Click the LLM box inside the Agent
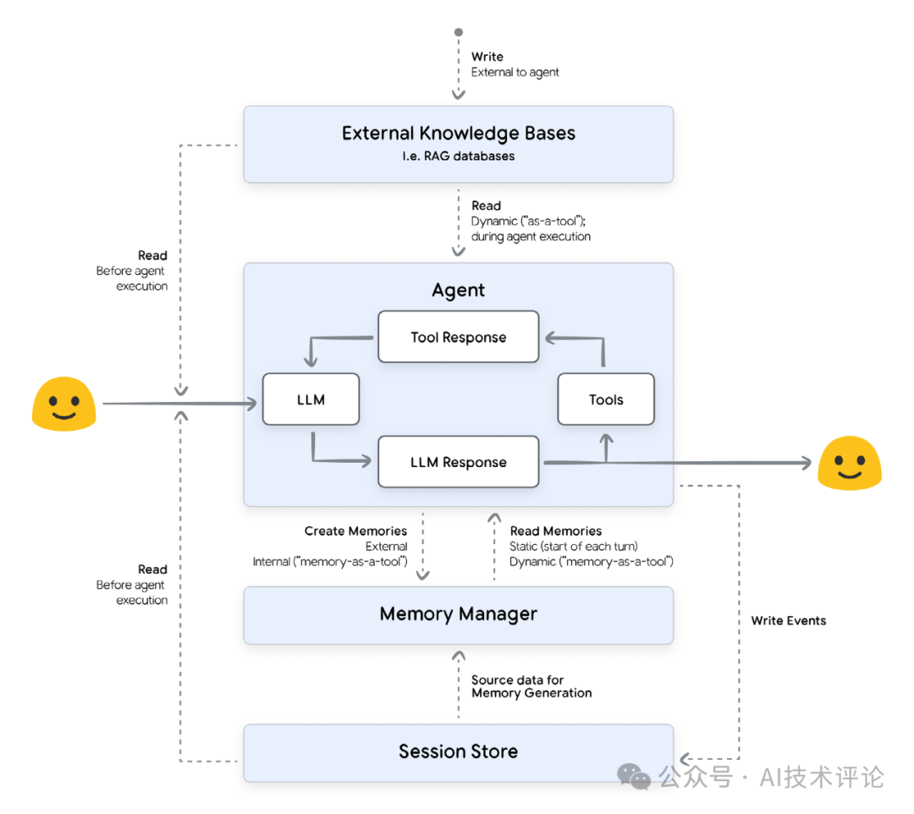tap(311, 399)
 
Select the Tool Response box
tap(458, 337)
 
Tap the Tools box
tap(606, 399)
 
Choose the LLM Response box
tap(458, 462)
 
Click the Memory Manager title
tap(458, 614)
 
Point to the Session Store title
tap(458, 751)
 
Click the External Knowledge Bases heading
tap(458, 133)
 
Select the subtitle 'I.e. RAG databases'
tap(458, 157)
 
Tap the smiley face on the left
tap(63, 404)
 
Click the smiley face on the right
tap(849, 462)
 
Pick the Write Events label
tap(788, 620)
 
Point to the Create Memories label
tap(355, 531)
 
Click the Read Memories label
tap(555, 531)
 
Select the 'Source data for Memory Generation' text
tap(531, 686)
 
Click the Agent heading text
tap(458, 290)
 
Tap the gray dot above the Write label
tap(459, 33)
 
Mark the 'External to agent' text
tap(515, 72)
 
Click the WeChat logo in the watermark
tap(634, 776)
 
